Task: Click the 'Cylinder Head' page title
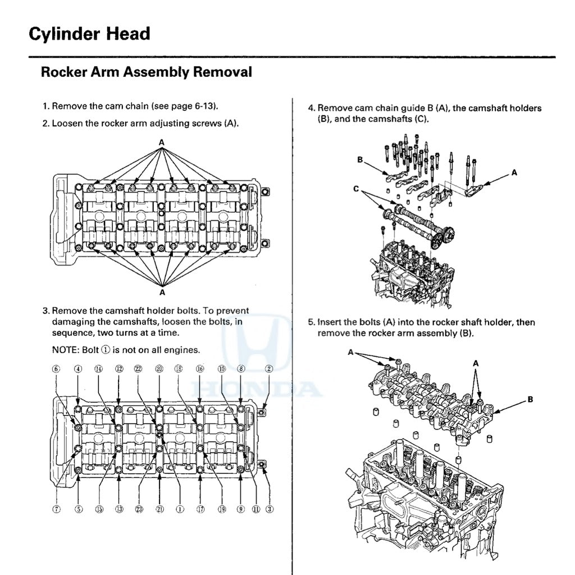[89, 34]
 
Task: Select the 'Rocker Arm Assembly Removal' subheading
[146, 72]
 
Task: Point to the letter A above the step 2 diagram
[162, 143]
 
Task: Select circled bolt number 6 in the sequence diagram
[56, 369]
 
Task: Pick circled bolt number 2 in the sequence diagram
[269, 369]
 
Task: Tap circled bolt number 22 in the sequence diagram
[139, 369]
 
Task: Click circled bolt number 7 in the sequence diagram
[56, 509]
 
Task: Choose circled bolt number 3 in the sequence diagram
[269, 509]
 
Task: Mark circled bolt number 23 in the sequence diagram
[139, 509]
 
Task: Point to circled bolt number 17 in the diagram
[200, 509]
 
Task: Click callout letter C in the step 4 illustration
[355, 189]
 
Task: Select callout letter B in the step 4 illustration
[360, 160]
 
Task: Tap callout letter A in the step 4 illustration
[513, 173]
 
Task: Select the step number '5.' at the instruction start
[312, 322]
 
